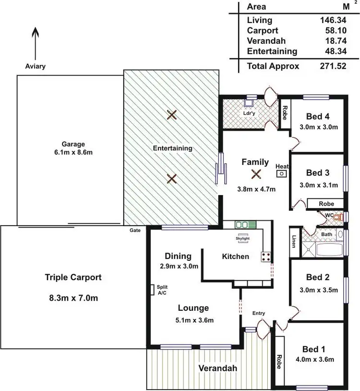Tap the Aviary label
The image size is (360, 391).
pos(35,66)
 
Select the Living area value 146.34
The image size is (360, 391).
pos(333,20)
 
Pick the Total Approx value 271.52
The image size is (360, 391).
pos(333,66)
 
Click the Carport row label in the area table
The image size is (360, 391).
pos(262,30)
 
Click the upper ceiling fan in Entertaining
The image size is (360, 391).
pos(172,114)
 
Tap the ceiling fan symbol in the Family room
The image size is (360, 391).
pos(256,175)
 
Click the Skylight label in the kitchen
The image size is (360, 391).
pos(242,238)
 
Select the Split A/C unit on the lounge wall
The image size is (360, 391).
pos(152,290)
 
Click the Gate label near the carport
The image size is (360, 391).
pos(135,231)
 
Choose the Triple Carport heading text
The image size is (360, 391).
pos(73,277)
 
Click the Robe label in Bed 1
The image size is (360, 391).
pos(278,361)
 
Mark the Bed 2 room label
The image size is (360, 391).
pos(317,277)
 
